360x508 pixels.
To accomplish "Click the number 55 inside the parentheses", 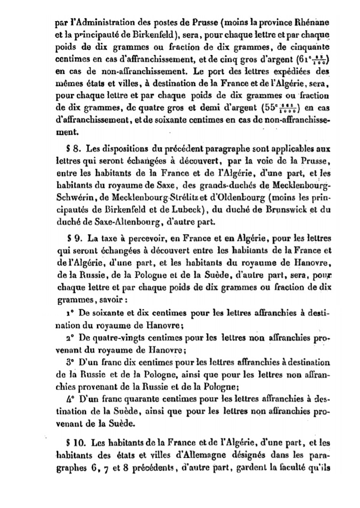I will point(268,108).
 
